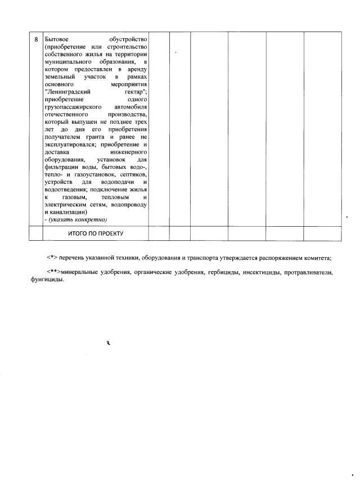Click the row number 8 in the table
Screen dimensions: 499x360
tap(36, 40)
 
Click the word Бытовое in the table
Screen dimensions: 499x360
tap(57, 40)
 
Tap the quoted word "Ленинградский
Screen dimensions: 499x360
tap(68, 91)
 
